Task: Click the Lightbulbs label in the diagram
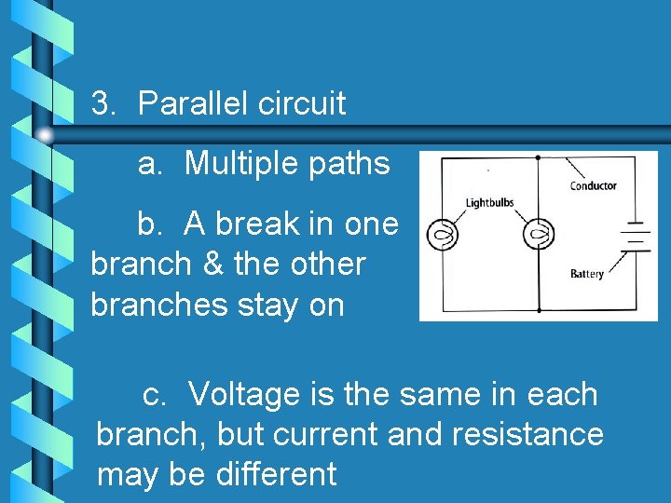click(489, 203)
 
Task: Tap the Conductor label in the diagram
click(594, 186)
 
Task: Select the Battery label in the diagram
click(587, 274)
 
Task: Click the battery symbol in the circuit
click(635, 237)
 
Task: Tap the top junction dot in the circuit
click(538, 157)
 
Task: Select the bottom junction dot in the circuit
click(538, 311)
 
